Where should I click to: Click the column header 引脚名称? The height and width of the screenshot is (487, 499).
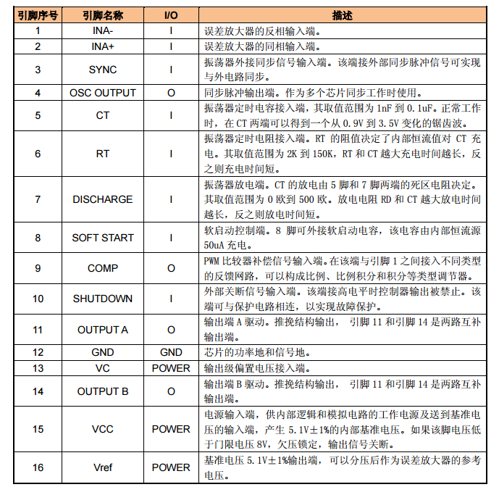click(x=102, y=15)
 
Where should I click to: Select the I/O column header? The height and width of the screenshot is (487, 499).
click(x=171, y=15)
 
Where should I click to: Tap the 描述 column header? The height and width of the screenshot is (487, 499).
click(x=343, y=15)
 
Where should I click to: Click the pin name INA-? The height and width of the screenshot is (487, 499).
click(x=102, y=31)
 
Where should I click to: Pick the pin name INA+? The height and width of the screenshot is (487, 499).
click(x=102, y=46)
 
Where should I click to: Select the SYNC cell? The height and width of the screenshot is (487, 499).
click(x=102, y=70)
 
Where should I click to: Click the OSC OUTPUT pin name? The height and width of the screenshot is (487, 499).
click(x=102, y=93)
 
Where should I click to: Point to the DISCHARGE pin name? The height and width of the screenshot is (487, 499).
click(x=102, y=199)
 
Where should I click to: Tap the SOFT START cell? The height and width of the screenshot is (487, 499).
click(x=102, y=237)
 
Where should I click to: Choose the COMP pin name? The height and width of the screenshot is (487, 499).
click(x=102, y=267)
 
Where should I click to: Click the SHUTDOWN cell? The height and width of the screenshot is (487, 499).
click(x=102, y=299)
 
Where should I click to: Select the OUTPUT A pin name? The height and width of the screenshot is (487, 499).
click(x=102, y=330)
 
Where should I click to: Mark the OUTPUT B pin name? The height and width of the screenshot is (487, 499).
click(x=102, y=391)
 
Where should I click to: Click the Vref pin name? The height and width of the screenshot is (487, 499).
click(x=102, y=467)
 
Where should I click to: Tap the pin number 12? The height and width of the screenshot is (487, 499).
click(x=38, y=352)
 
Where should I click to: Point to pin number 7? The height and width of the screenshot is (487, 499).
click(x=38, y=199)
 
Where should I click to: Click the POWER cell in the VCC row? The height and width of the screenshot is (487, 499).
click(x=171, y=429)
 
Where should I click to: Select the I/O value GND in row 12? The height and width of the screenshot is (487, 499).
click(x=171, y=352)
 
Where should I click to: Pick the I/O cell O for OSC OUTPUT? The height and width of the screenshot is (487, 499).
click(x=171, y=93)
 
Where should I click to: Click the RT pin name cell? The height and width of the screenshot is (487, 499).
click(x=102, y=154)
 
